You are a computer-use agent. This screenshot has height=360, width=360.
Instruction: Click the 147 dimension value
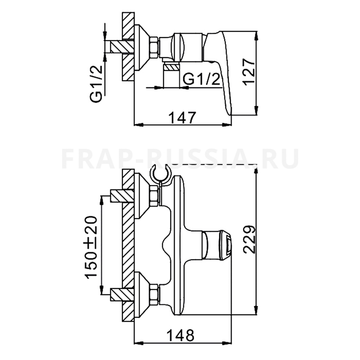click(x=182, y=117)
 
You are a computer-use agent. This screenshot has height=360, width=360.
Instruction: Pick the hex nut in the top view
click(x=153, y=47)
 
